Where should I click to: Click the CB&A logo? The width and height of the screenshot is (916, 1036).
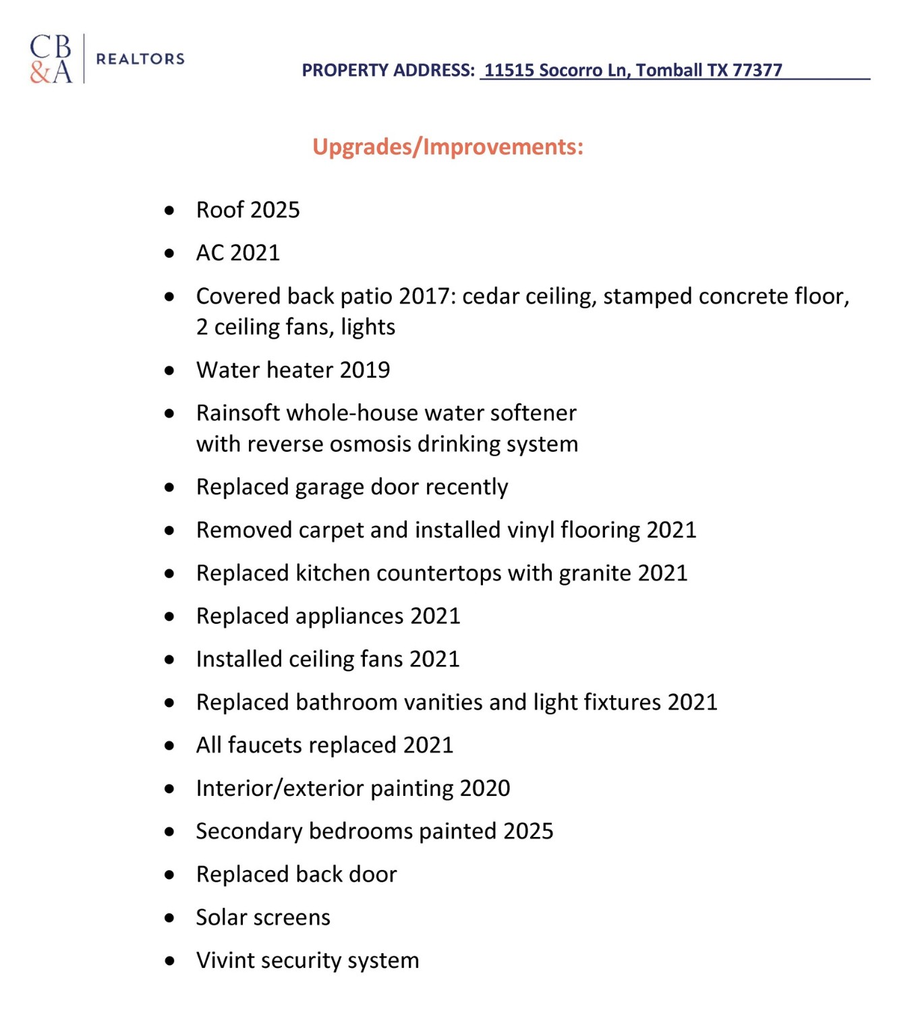(51, 59)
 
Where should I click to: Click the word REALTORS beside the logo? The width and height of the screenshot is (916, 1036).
(140, 59)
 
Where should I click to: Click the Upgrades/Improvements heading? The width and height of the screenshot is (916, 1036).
(448, 146)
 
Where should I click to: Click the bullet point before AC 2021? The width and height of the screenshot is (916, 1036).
(169, 254)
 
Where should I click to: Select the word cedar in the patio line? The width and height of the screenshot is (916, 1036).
(491, 297)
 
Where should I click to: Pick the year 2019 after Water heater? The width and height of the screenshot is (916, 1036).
(365, 370)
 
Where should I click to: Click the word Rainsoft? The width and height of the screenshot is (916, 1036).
(237, 413)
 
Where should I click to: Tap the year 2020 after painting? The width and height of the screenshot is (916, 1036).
(484, 788)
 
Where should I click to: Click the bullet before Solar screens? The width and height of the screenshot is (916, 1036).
(169, 918)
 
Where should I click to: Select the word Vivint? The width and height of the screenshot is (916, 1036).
(225, 960)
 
